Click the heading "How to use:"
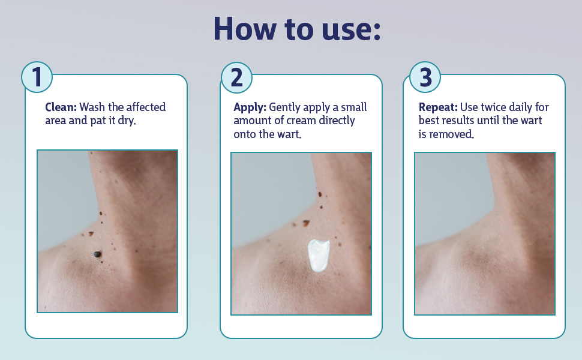pyautogui.click(x=297, y=29)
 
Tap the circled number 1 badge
pyautogui.click(x=37, y=78)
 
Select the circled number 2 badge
pyautogui.click(x=236, y=78)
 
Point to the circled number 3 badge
pyautogui.click(x=425, y=78)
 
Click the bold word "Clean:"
pyautogui.click(x=61, y=107)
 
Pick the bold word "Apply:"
pyautogui.click(x=250, y=107)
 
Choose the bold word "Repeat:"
pyautogui.click(x=438, y=107)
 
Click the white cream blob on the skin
pyautogui.click(x=318, y=256)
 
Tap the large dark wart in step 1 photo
pyautogui.click(x=97, y=254)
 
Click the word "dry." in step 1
pyautogui.click(x=128, y=121)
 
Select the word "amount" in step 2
pyautogui.click(x=252, y=121)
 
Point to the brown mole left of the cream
pyautogui.click(x=306, y=223)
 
